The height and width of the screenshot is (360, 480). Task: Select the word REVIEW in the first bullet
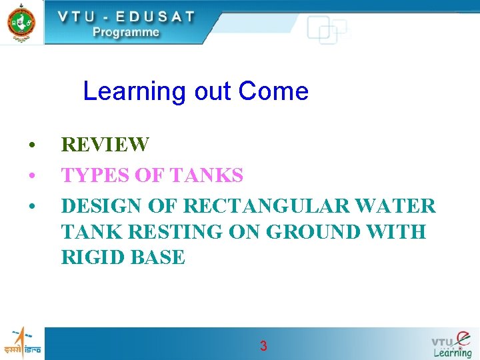(105, 145)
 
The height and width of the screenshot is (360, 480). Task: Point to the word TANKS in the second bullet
(207, 176)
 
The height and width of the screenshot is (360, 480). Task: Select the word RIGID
(91, 257)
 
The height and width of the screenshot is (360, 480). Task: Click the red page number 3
(263, 346)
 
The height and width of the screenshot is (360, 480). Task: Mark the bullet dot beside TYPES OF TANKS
(31, 177)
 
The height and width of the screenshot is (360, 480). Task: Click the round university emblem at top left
(21, 22)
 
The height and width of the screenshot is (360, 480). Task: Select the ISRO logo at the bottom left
(22, 342)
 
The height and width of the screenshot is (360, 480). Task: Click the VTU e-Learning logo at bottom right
(451, 343)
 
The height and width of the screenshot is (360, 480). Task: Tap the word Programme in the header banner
(126, 32)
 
